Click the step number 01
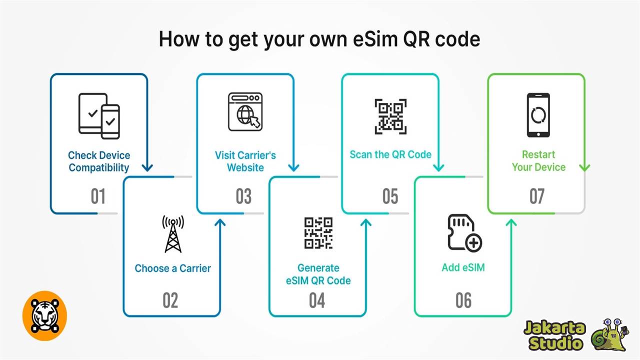[x=98, y=196]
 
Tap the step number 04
[x=317, y=300]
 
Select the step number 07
[x=536, y=196]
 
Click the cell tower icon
[x=173, y=233]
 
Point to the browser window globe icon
[x=245, y=112]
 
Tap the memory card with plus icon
[x=464, y=232]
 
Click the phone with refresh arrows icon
[x=538, y=115]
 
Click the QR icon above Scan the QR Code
[x=390, y=116]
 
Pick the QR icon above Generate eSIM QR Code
[x=318, y=232]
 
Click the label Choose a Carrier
[x=173, y=268]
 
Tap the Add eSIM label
[x=463, y=267]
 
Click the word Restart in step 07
[x=538, y=154]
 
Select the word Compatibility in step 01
[x=99, y=167]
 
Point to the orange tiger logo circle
[x=44, y=315]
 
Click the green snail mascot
[x=609, y=334]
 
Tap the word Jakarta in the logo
[x=554, y=328]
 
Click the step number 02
[x=170, y=300]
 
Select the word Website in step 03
[x=245, y=167]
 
